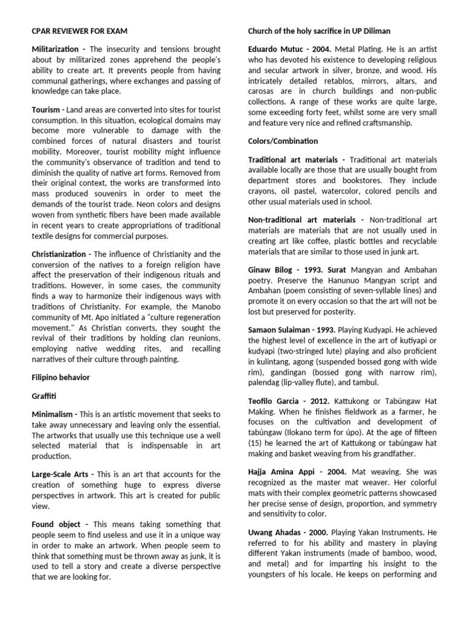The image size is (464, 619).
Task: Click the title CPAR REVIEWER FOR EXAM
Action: [x=79, y=31]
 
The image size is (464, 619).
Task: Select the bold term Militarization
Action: [x=57, y=48]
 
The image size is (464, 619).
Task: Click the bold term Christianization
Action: [x=60, y=254]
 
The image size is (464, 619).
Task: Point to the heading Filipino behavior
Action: [x=60, y=377]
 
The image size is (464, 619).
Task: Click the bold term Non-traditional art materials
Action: [x=301, y=219]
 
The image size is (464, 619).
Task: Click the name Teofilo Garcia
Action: [x=275, y=401]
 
